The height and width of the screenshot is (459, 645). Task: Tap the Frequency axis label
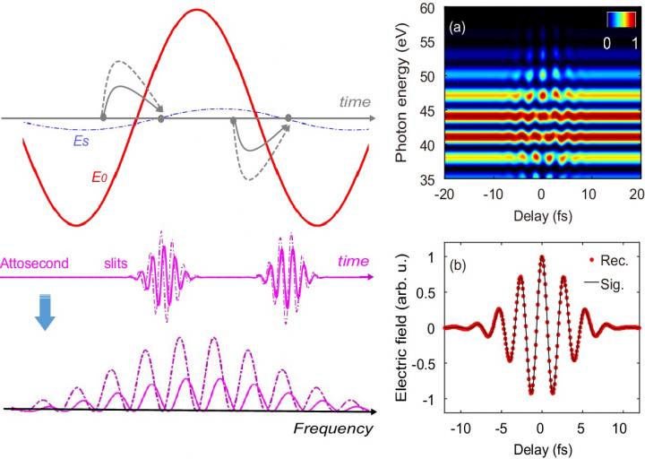coord(332,429)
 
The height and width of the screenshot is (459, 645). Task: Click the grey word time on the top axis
coord(354,102)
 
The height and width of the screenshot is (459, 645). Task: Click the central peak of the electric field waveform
coord(541,257)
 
